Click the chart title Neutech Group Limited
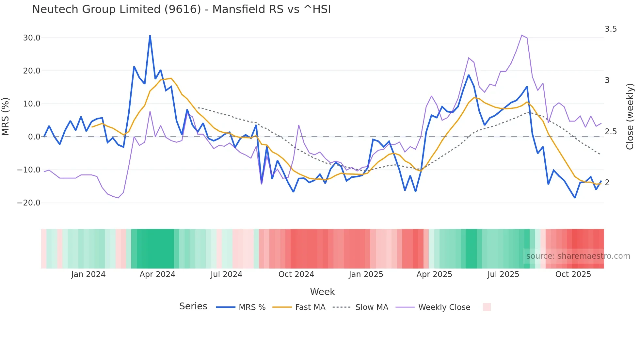tap(181, 9)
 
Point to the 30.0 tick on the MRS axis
tap(32, 38)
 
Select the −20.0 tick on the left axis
tap(29, 203)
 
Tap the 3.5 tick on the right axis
tap(611, 29)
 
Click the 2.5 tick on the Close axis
tap(611, 132)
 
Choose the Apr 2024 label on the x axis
tap(157, 274)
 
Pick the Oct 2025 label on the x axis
tap(573, 274)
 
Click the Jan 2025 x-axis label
tap(366, 274)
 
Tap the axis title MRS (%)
tap(6, 116)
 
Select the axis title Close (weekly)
tap(630, 116)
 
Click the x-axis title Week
tap(322, 292)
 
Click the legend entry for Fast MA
tap(310, 307)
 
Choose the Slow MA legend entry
tap(372, 307)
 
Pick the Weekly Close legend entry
tap(444, 307)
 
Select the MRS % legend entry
tap(252, 307)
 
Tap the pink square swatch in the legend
tap(487, 307)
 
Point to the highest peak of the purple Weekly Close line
tap(522, 35)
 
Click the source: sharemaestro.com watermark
tap(578, 256)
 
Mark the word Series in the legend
tap(193, 306)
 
